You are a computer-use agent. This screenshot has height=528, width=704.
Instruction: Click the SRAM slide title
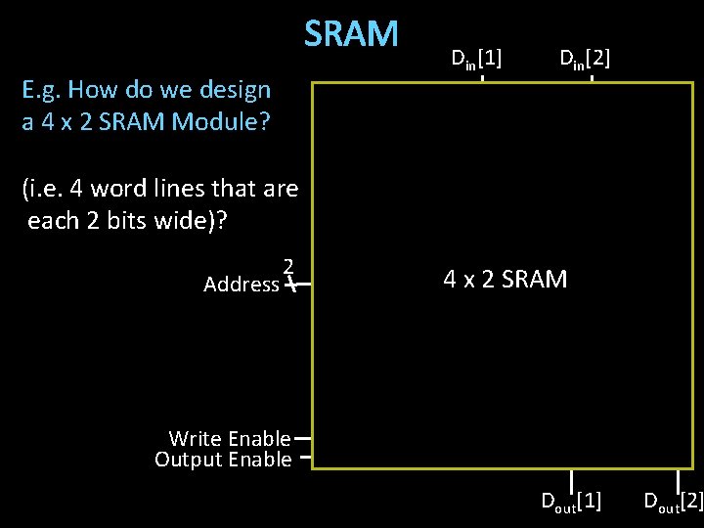(351, 34)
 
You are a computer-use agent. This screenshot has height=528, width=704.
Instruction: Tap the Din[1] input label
(476, 59)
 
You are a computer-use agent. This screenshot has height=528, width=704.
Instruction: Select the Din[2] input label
(585, 59)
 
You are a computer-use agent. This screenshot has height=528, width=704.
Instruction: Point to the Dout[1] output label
(572, 502)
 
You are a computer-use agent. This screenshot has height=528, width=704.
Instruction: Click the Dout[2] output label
(674, 502)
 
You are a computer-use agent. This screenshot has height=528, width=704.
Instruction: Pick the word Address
(241, 285)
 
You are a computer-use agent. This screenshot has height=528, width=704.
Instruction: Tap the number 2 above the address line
(288, 266)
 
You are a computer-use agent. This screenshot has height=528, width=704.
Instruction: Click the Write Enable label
(230, 439)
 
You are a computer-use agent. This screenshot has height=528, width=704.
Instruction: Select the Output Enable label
(223, 460)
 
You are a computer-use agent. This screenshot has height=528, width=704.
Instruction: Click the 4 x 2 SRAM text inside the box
(505, 280)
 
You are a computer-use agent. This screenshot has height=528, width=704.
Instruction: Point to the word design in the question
(234, 90)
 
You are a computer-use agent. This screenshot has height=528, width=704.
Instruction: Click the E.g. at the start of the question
(42, 90)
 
